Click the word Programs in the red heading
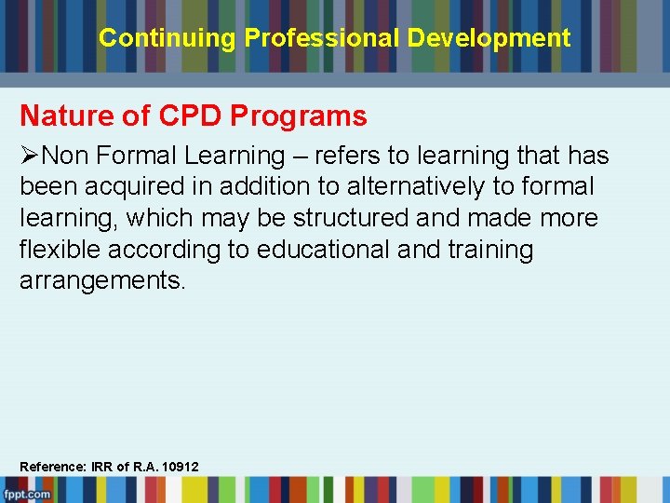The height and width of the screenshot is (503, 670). pos(299,116)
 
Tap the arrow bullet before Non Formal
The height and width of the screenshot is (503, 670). pos(30,155)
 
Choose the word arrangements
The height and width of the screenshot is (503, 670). pos(102,281)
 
